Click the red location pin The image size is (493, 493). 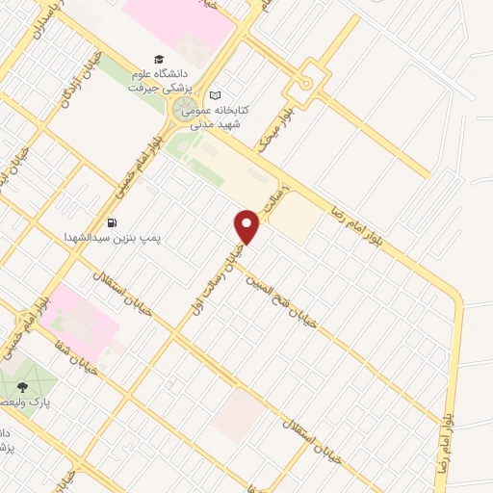(247, 227)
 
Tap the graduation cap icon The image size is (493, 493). (159, 60)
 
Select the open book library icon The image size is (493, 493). (215, 94)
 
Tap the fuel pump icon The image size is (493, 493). (113, 221)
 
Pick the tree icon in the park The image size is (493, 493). (22, 388)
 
